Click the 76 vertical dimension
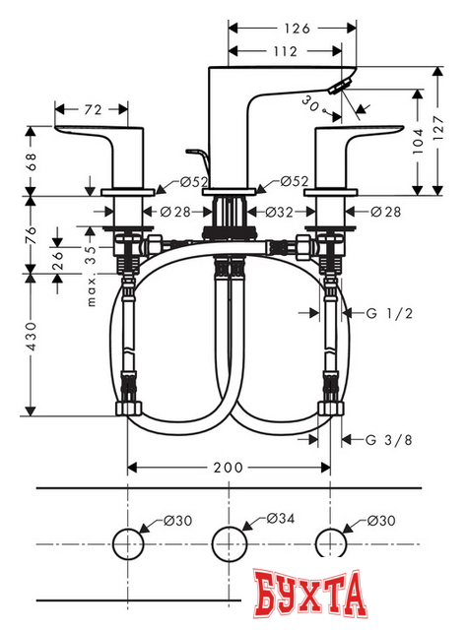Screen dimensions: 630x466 (x=32, y=237)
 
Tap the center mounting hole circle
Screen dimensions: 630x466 (x=229, y=543)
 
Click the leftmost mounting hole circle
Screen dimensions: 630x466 (x=129, y=543)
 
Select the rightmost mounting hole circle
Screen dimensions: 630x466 (x=329, y=543)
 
